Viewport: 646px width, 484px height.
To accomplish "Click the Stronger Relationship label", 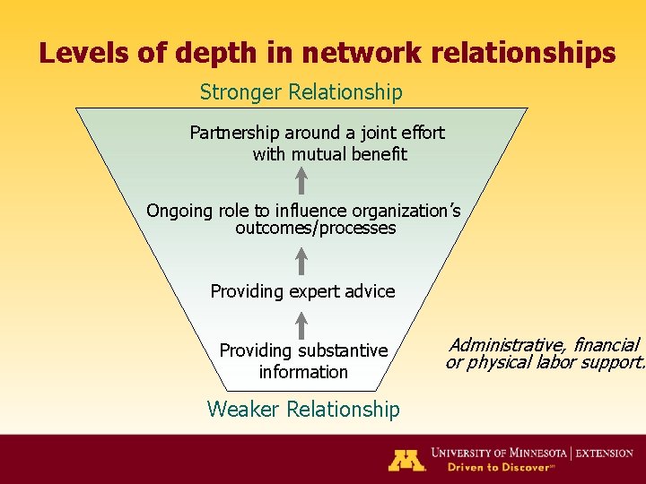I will [301, 92].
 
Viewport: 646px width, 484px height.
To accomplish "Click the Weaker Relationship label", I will [303, 410].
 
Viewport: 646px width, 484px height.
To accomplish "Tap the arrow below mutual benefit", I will [302, 180].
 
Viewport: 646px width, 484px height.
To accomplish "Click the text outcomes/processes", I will [315, 229].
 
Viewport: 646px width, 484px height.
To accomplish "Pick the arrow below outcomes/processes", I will [302, 260].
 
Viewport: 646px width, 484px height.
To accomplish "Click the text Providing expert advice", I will [302, 291].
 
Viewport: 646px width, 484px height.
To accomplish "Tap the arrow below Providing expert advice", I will [302, 324].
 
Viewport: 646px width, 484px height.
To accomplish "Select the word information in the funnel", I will [303, 372].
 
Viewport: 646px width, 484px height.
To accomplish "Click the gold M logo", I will [406, 460].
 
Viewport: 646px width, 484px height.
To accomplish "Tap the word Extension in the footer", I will [605, 454].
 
